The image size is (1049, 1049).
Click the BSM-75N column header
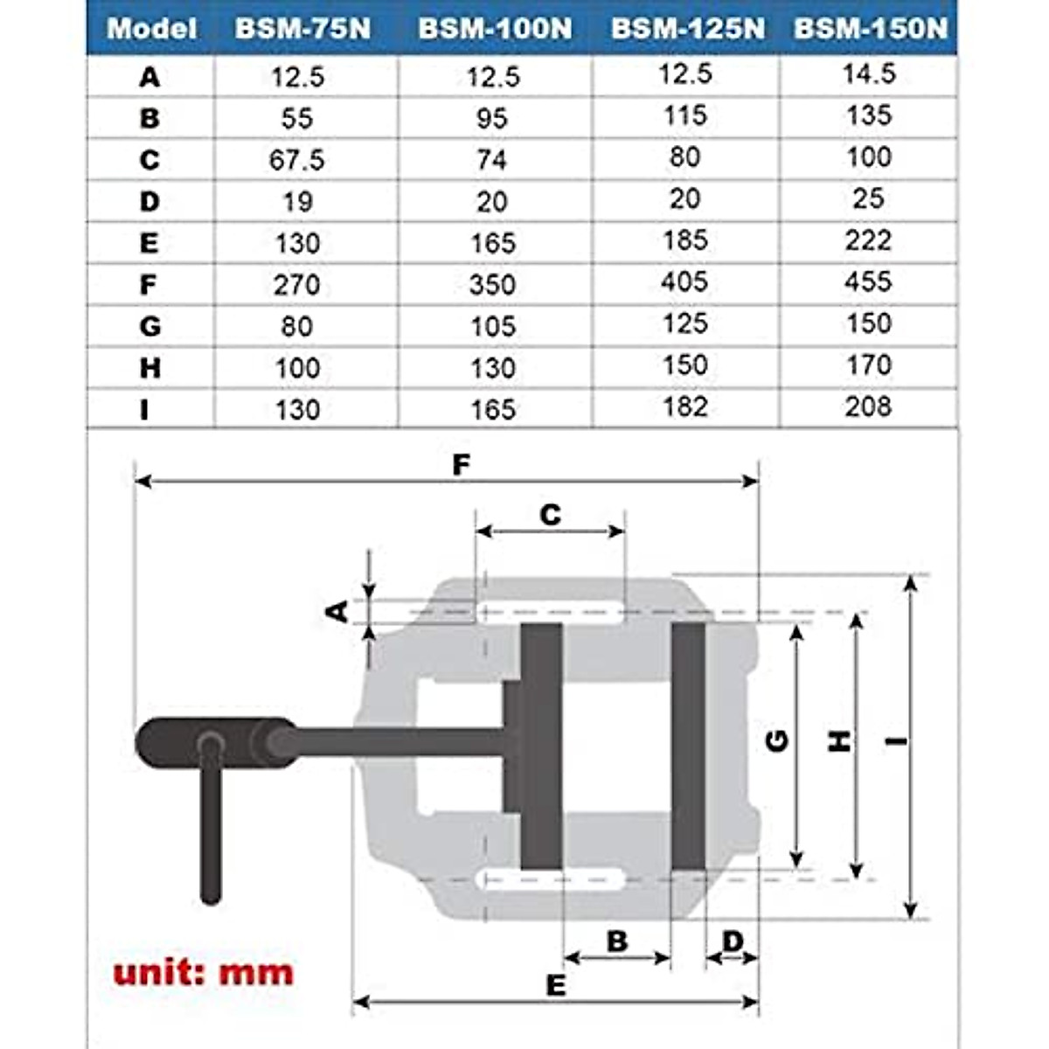[x=302, y=29]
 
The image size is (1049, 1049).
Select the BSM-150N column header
[x=870, y=29]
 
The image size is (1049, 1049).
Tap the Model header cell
[x=151, y=29]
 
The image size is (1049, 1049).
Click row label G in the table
[x=149, y=326]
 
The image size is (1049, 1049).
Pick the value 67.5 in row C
[x=297, y=160]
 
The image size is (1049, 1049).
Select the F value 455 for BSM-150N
[x=868, y=281]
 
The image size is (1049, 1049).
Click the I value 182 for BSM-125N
[x=684, y=406]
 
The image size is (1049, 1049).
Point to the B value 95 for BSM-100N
[x=492, y=118]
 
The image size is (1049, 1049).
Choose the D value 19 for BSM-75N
[x=297, y=202]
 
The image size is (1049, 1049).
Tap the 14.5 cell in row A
[x=869, y=73]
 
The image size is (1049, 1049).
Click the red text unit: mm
[x=203, y=972]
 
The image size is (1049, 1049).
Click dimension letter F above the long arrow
[x=461, y=464]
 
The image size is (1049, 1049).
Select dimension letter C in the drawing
[x=550, y=515]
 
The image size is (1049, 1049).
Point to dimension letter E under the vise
[x=556, y=985]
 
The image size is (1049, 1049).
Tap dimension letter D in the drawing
[x=733, y=941]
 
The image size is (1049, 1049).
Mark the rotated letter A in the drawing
[x=337, y=611]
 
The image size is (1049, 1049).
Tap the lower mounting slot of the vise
[x=551, y=879]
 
